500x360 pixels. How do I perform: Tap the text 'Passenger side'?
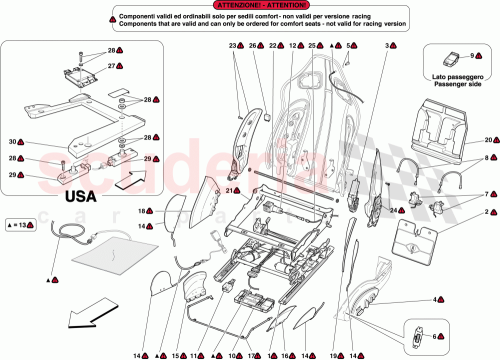click(x=449, y=86)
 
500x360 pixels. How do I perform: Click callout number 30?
click(x=14, y=141)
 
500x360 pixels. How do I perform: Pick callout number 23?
click(x=232, y=46)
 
